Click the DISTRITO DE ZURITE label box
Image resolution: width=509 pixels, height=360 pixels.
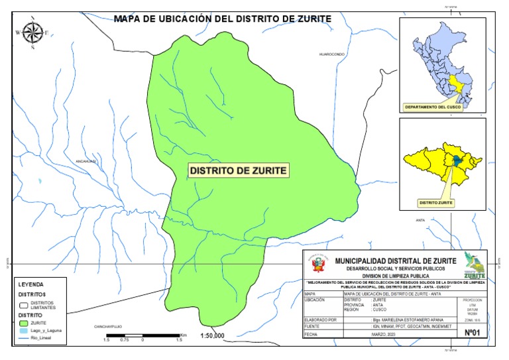coord(238,170)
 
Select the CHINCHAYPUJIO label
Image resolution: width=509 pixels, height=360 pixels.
coord(109,327)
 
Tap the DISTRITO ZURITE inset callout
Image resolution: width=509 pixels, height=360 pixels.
coord(435,202)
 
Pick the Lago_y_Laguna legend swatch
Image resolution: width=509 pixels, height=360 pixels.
coord(25,330)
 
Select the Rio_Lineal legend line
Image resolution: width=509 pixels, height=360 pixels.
coord(25,338)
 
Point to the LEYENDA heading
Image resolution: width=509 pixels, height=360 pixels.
coord(30,283)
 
